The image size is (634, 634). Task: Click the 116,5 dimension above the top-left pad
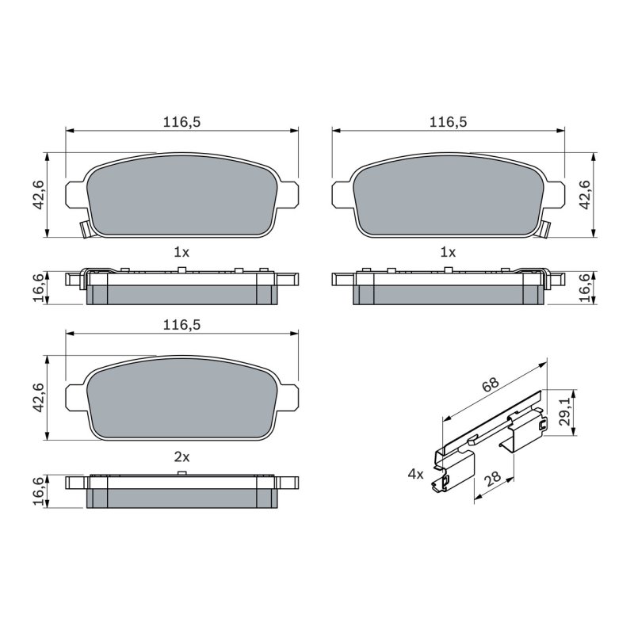pyautogui.click(x=181, y=122)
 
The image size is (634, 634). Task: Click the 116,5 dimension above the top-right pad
pyautogui.click(x=448, y=122)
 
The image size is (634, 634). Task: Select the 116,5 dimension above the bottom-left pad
pyautogui.click(x=181, y=325)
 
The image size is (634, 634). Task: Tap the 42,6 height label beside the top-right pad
pyautogui.click(x=585, y=194)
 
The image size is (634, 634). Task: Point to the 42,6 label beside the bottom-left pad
pyautogui.click(x=39, y=398)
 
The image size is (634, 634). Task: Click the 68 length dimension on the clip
pyautogui.click(x=491, y=384)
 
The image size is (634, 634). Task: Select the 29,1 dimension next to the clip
pyautogui.click(x=564, y=411)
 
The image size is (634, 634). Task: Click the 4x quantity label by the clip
pyautogui.click(x=415, y=474)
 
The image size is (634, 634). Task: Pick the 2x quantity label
pyautogui.click(x=181, y=457)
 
